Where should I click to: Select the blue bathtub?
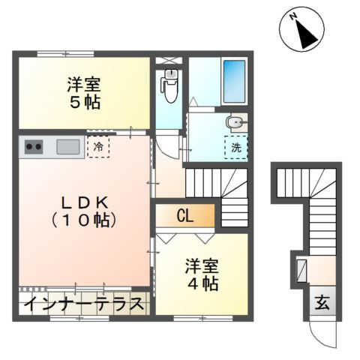pyautogui.click(x=234, y=77)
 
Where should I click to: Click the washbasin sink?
pyautogui.click(x=236, y=121)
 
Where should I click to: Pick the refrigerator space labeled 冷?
pyautogui.click(x=98, y=146)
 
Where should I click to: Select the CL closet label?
pyautogui.click(x=185, y=217)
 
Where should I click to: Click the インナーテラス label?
pyautogui.click(x=82, y=305)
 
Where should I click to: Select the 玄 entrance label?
pyautogui.click(x=321, y=303)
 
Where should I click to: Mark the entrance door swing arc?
pyautogui.click(x=324, y=334)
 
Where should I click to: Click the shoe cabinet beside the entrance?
pyautogui.click(x=301, y=270)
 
